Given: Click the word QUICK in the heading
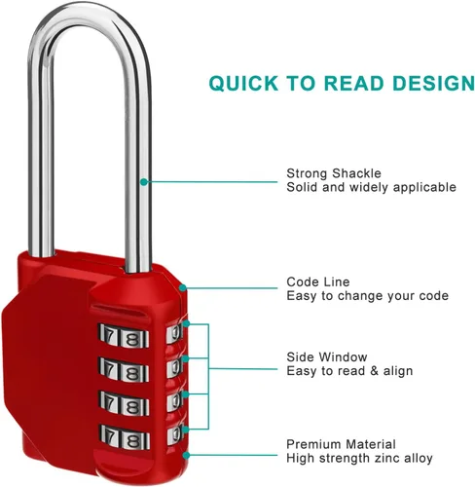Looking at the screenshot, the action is pos(243,83).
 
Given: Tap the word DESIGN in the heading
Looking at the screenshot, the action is pos(433,83).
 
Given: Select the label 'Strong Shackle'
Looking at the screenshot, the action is pos(334,173).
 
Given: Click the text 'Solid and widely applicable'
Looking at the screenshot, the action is pos(371,187).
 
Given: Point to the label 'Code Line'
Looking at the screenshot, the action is pos(318,281).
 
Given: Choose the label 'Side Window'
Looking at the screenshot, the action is pos(327,357).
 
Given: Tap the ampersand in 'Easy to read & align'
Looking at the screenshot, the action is pos(375,371).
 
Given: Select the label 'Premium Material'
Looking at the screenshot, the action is pos(341,444).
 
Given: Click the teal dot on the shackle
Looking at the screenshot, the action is pos(144,182).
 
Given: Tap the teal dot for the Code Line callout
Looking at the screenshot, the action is pos(183,287).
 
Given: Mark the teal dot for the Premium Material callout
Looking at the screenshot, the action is pos(186,456).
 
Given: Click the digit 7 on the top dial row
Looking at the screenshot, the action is pos(110,335).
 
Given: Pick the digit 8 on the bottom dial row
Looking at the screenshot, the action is pos(132,440).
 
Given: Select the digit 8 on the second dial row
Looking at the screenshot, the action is pos(132,373).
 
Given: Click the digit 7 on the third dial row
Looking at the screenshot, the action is pos(110,402).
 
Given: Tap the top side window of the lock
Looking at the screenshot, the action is pos(175,333).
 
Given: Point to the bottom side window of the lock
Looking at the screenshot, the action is pos(175,435).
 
